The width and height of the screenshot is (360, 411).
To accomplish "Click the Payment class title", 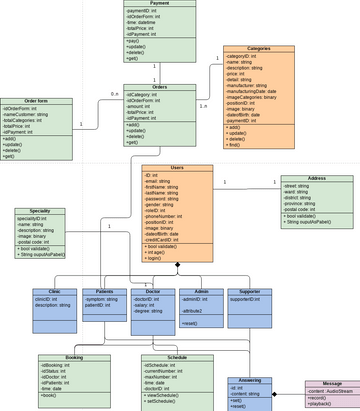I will pos(158,5).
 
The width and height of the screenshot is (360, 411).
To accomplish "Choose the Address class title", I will pos(317,176).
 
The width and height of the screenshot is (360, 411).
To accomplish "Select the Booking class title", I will pos(73,356).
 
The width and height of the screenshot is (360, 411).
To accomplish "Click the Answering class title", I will pos(249,380).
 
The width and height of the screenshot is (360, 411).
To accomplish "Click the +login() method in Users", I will pos(160,257).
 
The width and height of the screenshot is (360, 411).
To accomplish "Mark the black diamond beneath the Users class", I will pos(177,267).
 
